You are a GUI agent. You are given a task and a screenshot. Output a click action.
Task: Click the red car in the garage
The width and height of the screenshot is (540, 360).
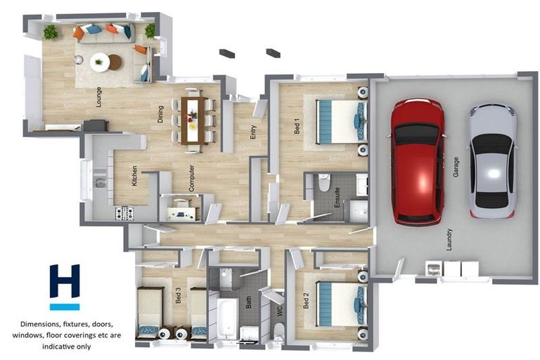click(x=417, y=162)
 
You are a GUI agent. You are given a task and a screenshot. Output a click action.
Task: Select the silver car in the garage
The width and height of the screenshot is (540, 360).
click(x=492, y=160)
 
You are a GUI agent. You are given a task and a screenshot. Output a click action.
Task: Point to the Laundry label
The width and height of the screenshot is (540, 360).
click(x=449, y=240)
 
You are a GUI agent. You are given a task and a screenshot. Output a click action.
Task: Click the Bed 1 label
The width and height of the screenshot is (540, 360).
click(x=297, y=126)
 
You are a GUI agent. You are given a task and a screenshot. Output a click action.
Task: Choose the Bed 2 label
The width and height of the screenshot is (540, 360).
click(x=306, y=302)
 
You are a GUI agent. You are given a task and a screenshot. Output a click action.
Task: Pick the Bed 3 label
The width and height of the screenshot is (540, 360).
click(x=179, y=295)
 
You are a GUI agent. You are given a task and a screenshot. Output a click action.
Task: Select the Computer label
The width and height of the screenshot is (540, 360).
click(x=191, y=178)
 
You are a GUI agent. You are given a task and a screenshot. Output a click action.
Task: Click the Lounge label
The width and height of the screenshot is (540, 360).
click(x=98, y=101)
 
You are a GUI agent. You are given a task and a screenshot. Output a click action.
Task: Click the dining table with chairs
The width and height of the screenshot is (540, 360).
click(x=192, y=120)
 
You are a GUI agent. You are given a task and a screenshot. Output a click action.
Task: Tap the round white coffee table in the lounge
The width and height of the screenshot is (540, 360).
click(x=100, y=61)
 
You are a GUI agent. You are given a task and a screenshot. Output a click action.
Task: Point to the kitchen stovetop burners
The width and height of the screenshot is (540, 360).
click(x=124, y=212)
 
